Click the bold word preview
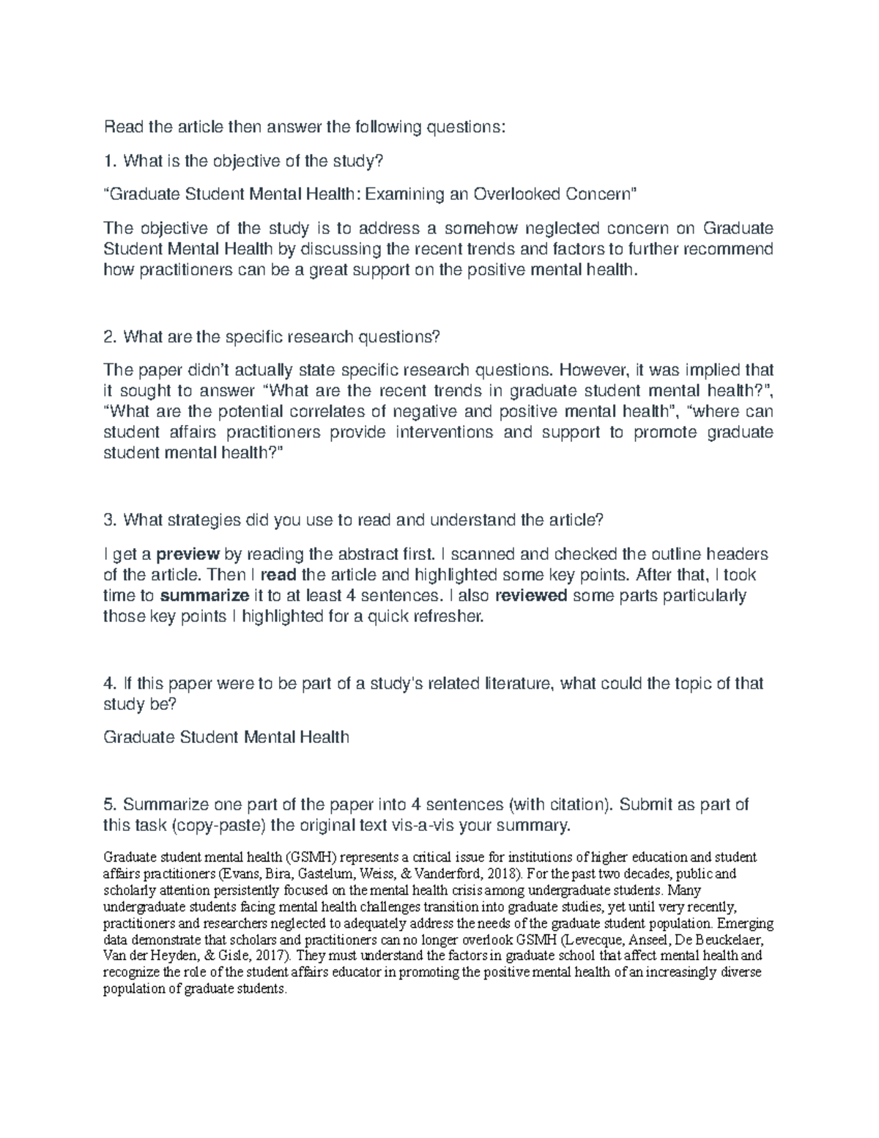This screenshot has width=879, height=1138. pyautogui.click(x=187, y=553)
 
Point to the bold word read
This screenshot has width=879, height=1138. pyautogui.click(x=279, y=574)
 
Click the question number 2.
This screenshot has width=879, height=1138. pyautogui.click(x=109, y=337)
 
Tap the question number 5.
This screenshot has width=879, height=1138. pyautogui.click(x=109, y=805)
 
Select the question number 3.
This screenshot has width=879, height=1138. pyautogui.click(x=109, y=520)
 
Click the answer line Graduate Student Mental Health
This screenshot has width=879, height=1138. pyautogui.click(x=226, y=737)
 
